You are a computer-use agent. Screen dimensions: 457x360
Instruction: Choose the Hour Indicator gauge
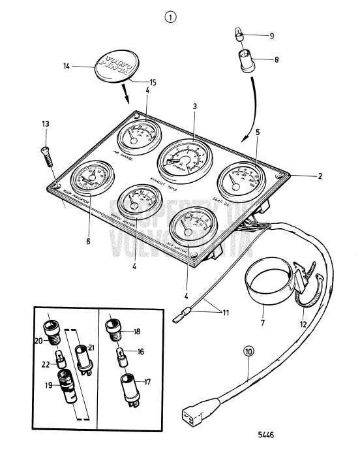point(88,179)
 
